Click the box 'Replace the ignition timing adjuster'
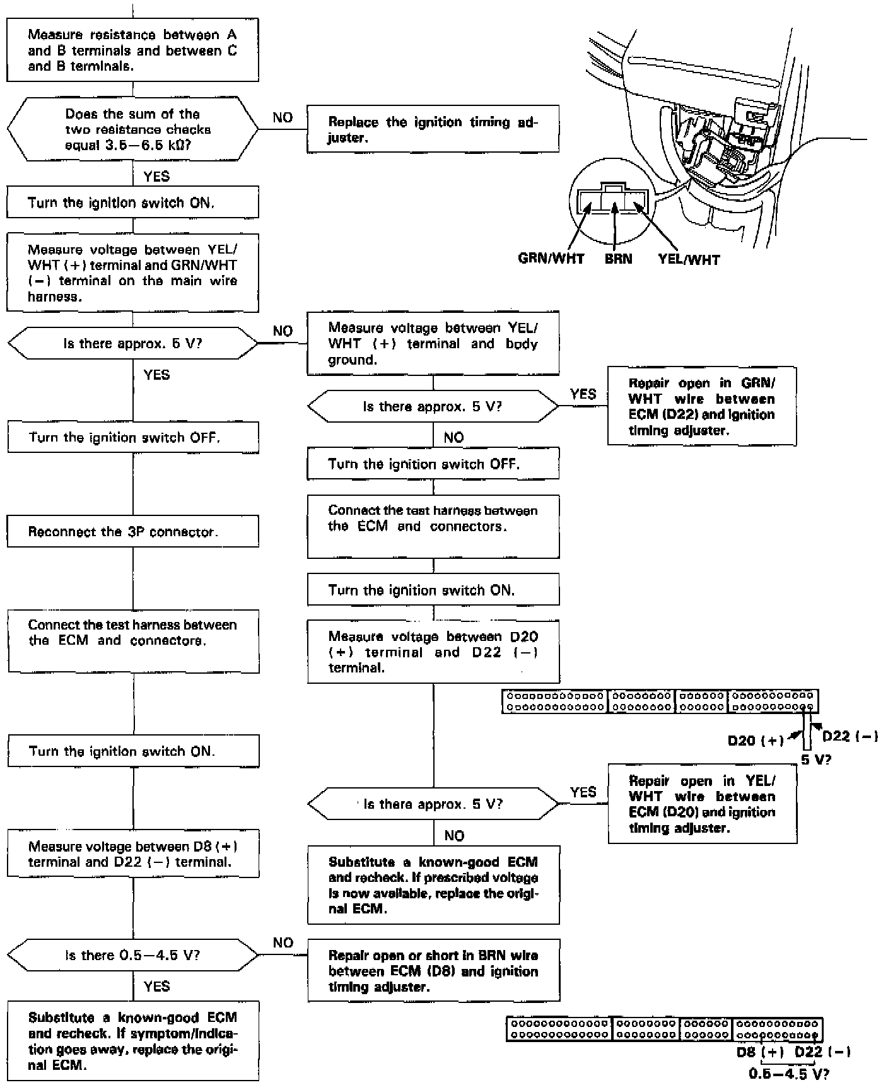coord(433,129)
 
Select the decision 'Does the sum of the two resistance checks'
coord(132,129)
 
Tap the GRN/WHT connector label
coord(551,259)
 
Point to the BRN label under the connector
coord(617,259)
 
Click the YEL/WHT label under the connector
coord(689,259)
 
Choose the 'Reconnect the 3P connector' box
coord(133,531)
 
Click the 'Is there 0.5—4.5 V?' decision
coord(132,955)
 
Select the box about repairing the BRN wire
coord(433,971)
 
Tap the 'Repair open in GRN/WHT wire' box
coord(701,406)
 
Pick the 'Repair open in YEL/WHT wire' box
coord(702,804)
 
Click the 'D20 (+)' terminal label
coord(755,740)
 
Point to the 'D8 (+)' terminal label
coord(759,1052)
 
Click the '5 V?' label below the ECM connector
coord(816,759)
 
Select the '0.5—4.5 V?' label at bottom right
coord(788,1073)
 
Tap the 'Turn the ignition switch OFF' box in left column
coord(133,437)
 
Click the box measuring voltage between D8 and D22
coord(133,853)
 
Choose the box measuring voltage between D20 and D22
coord(433,652)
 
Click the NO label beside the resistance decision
coord(283,117)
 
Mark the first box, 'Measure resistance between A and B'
coord(132,50)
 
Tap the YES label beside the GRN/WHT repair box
coord(583,394)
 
